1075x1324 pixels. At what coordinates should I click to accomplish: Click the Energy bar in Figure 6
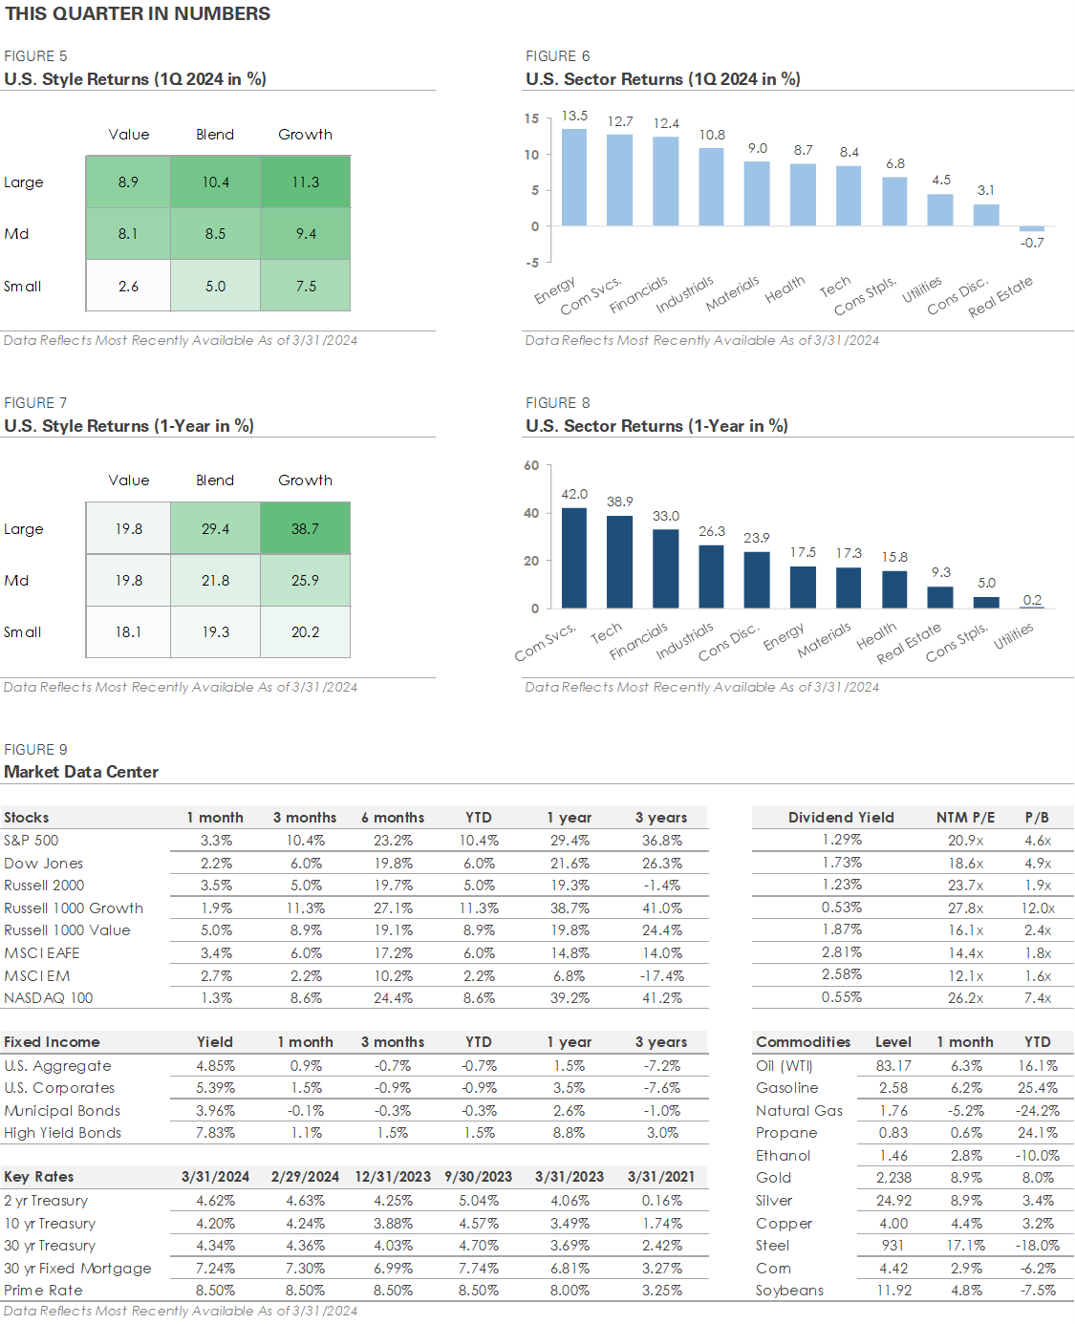click(573, 177)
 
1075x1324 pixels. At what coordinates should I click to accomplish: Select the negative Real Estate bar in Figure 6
click(1031, 228)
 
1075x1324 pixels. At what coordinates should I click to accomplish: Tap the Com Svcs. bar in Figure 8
click(573, 558)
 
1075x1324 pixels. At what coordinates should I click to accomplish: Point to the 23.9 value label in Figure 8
click(756, 538)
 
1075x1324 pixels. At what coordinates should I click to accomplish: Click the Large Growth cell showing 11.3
click(305, 182)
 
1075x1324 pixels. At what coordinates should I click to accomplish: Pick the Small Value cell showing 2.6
click(128, 286)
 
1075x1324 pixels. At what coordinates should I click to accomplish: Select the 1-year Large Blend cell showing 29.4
click(215, 528)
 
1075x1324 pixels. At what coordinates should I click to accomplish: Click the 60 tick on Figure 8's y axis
click(531, 465)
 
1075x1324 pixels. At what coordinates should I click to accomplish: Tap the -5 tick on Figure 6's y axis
click(531, 263)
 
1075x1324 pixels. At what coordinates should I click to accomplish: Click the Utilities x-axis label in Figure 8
click(1013, 636)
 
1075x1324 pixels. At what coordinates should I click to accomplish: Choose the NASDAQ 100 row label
click(48, 997)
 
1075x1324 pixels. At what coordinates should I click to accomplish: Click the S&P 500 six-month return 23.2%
click(393, 841)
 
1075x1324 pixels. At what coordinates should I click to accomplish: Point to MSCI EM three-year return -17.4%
click(661, 976)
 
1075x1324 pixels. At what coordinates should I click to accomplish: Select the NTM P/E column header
click(965, 818)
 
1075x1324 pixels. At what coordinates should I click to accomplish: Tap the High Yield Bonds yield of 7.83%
click(215, 1133)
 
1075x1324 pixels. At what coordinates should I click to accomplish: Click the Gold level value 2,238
click(893, 1177)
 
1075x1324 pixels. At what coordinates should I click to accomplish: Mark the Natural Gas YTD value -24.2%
click(1037, 1110)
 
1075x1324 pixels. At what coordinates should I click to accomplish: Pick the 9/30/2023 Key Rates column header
click(478, 1177)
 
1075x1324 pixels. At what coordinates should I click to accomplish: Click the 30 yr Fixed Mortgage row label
click(77, 1268)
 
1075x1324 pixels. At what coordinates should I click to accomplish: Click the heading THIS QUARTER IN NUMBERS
click(138, 13)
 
